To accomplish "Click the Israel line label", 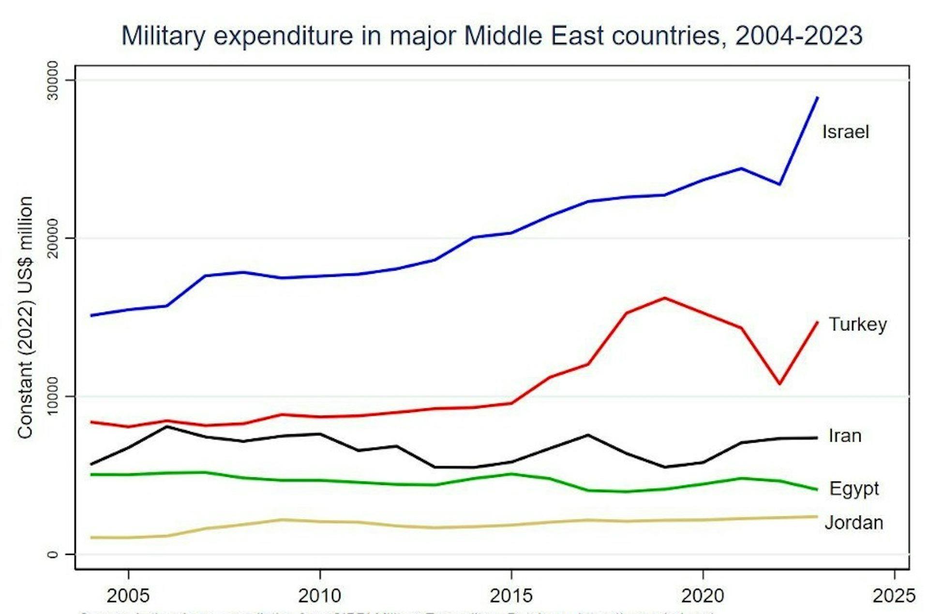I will [845, 132].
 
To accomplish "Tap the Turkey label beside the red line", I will [858, 324].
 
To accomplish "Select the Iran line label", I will [845, 435].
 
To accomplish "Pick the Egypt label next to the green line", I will [854, 489].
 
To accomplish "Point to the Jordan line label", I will [854, 523].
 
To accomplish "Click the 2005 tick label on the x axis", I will [128, 595].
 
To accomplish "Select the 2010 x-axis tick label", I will [319, 595].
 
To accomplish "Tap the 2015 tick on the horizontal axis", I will [511, 595].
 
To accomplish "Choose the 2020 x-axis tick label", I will [703, 595].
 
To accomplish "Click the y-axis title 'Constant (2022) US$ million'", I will [25, 317].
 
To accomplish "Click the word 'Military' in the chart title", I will [163, 36].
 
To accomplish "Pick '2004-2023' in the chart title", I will [798, 36].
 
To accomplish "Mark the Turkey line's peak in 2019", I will [665, 298].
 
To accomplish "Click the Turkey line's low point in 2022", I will [779, 384].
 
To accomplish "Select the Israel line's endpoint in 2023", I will [818, 97].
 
